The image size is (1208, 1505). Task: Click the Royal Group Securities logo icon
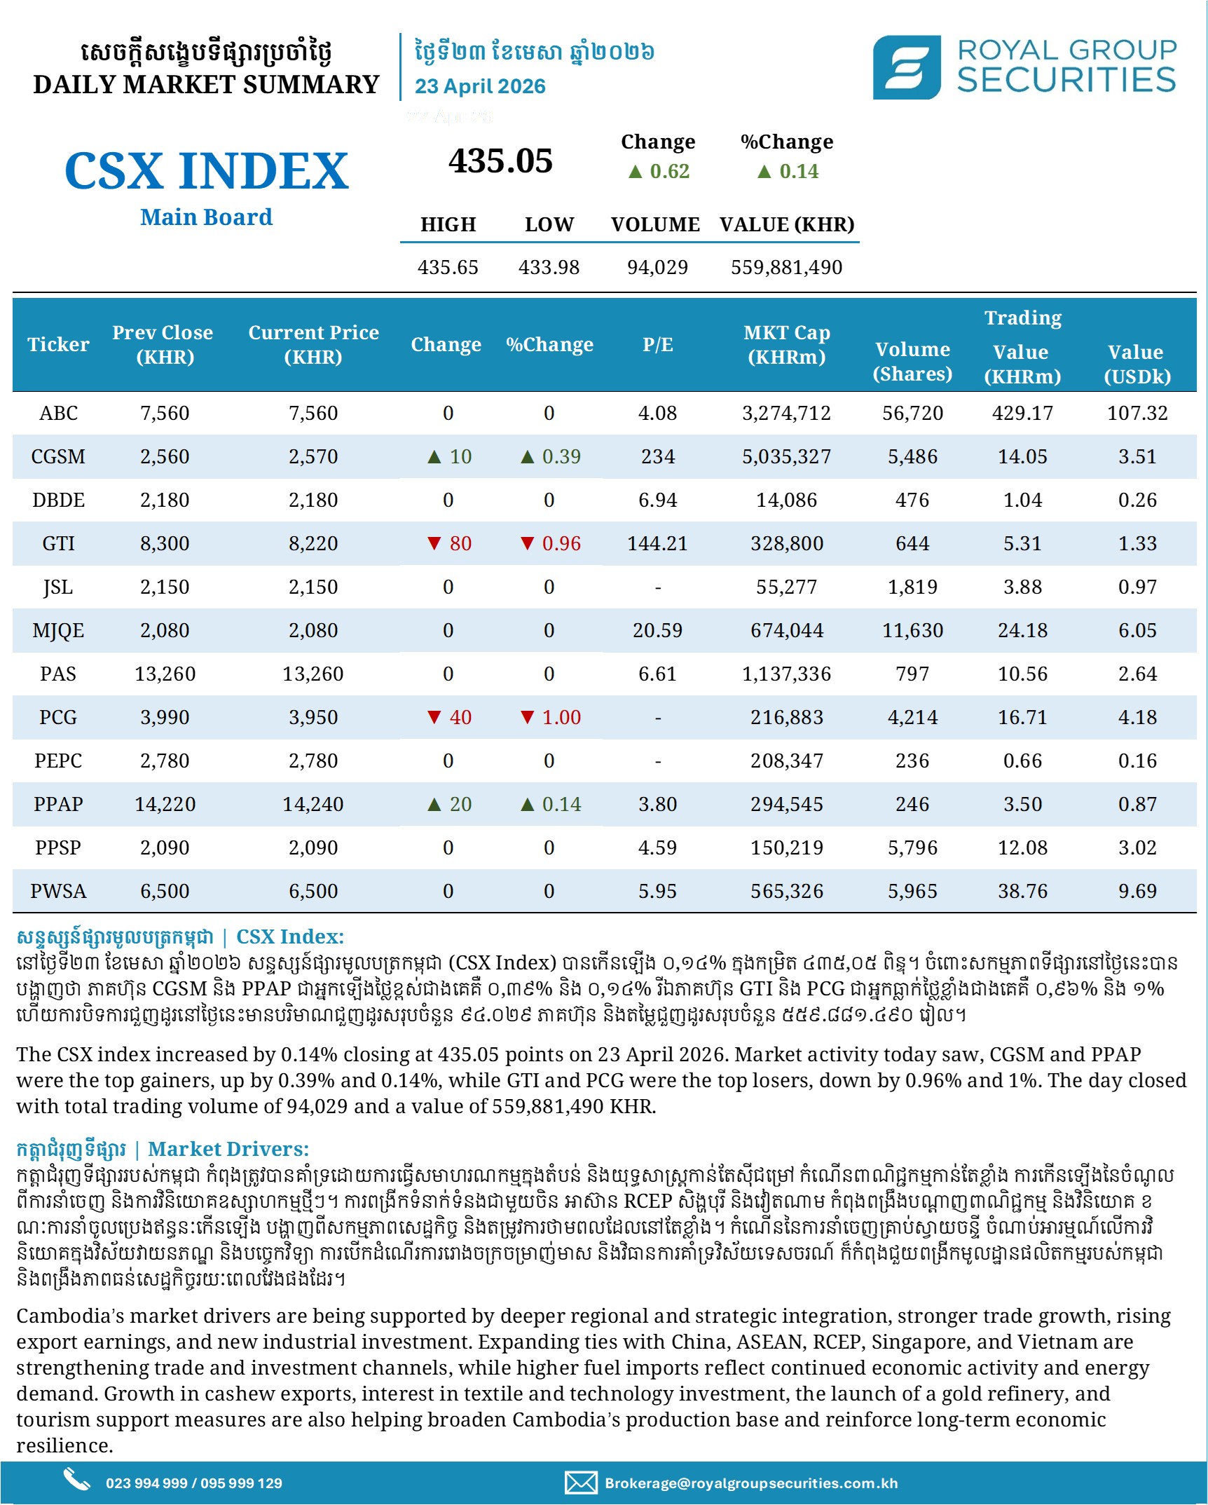(906, 67)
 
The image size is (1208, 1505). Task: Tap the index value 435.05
(500, 161)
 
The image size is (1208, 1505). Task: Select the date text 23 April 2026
(480, 86)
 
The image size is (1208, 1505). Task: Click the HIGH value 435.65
(448, 267)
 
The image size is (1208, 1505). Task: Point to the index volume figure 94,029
(657, 267)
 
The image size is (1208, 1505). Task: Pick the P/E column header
(657, 344)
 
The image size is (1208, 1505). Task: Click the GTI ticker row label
(58, 543)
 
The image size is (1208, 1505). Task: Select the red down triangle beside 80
(434, 543)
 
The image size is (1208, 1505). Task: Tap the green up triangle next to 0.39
(528, 457)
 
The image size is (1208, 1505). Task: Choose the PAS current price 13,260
(313, 674)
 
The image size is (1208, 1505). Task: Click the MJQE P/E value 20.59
(657, 630)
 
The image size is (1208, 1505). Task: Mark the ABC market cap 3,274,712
(786, 413)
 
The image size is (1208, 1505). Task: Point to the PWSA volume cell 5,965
(912, 891)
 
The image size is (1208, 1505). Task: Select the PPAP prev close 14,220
(165, 804)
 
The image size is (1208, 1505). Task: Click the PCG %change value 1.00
(561, 717)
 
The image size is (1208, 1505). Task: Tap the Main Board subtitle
(206, 217)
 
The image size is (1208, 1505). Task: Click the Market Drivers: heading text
(228, 1149)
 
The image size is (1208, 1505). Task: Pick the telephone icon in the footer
(76, 1479)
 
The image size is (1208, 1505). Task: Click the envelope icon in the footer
(581, 1483)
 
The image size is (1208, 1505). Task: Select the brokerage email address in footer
(751, 1483)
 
